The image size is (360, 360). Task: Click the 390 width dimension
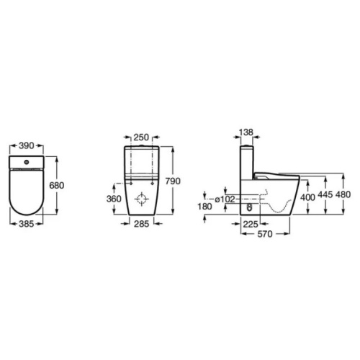pyautogui.click(x=27, y=145)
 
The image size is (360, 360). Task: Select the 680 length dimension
pyautogui.click(x=57, y=185)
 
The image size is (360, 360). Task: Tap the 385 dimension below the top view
pyautogui.click(x=27, y=224)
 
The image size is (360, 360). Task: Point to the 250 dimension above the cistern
pyautogui.click(x=141, y=138)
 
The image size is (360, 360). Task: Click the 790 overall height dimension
pyautogui.click(x=173, y=181)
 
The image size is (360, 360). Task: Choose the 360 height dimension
pyautogui.click(x=114, y=199)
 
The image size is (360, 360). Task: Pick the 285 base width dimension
pyautogui.click(x=141, y=224)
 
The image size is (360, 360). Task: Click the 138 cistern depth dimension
pyautogui.click(x=246, y=132)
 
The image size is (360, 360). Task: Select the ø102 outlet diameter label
pyautogui.click(x=225, y=199)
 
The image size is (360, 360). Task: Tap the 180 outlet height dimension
pyautogui.click(x=205, y=207)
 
